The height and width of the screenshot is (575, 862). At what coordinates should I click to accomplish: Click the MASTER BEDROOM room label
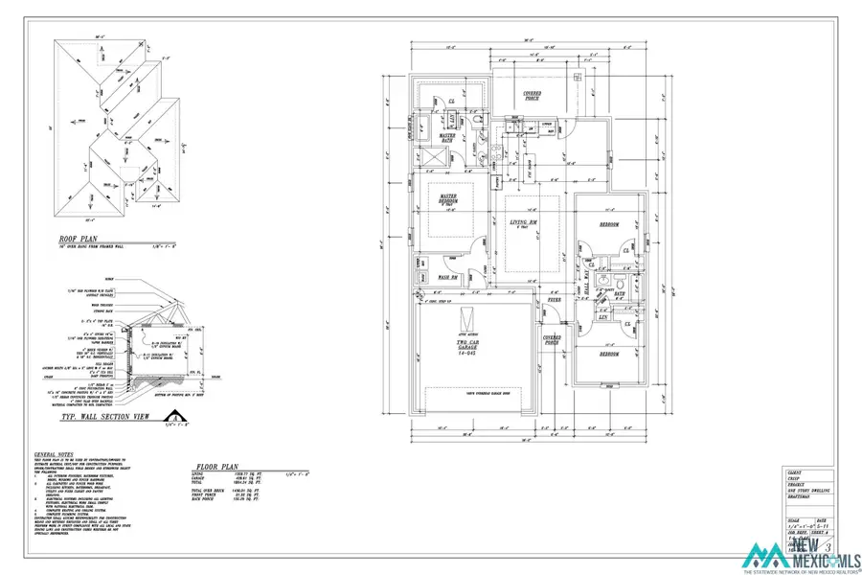pyautogui.click(x=448, y=200)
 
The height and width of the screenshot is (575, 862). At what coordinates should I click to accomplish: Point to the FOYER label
pyautogui.click(x=555, y=300)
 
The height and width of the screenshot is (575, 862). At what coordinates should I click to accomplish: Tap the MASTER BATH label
pyautogui.click(x=447, y=138)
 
